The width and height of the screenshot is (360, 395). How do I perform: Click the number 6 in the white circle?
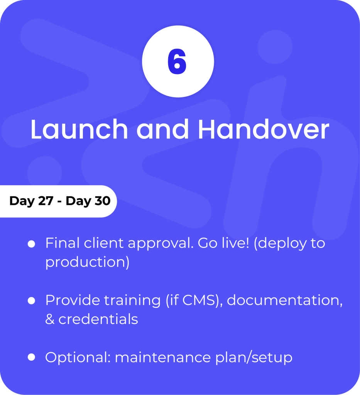pyautogui.click(x=177, y=62)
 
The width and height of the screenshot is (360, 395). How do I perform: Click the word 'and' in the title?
pyautogui.click(x=163, y=129)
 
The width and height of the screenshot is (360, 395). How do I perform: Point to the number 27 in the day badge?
pyautogui.click(x=46, y=201)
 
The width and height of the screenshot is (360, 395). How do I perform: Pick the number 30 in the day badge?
pyautogui.click(x=103, y=201)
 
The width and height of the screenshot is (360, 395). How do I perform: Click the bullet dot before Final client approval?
pyautogui.click(x=32, y=244)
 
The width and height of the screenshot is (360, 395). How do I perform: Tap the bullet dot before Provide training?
pyautogui.click(x=32, y=300)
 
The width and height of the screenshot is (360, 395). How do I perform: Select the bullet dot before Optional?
pyautogui.click(x=32, y=357)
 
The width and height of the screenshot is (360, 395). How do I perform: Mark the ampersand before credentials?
pyautogui.click(x=50, y=319)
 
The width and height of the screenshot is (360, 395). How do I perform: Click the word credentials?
pyautogui.click(x=98, y=319)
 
